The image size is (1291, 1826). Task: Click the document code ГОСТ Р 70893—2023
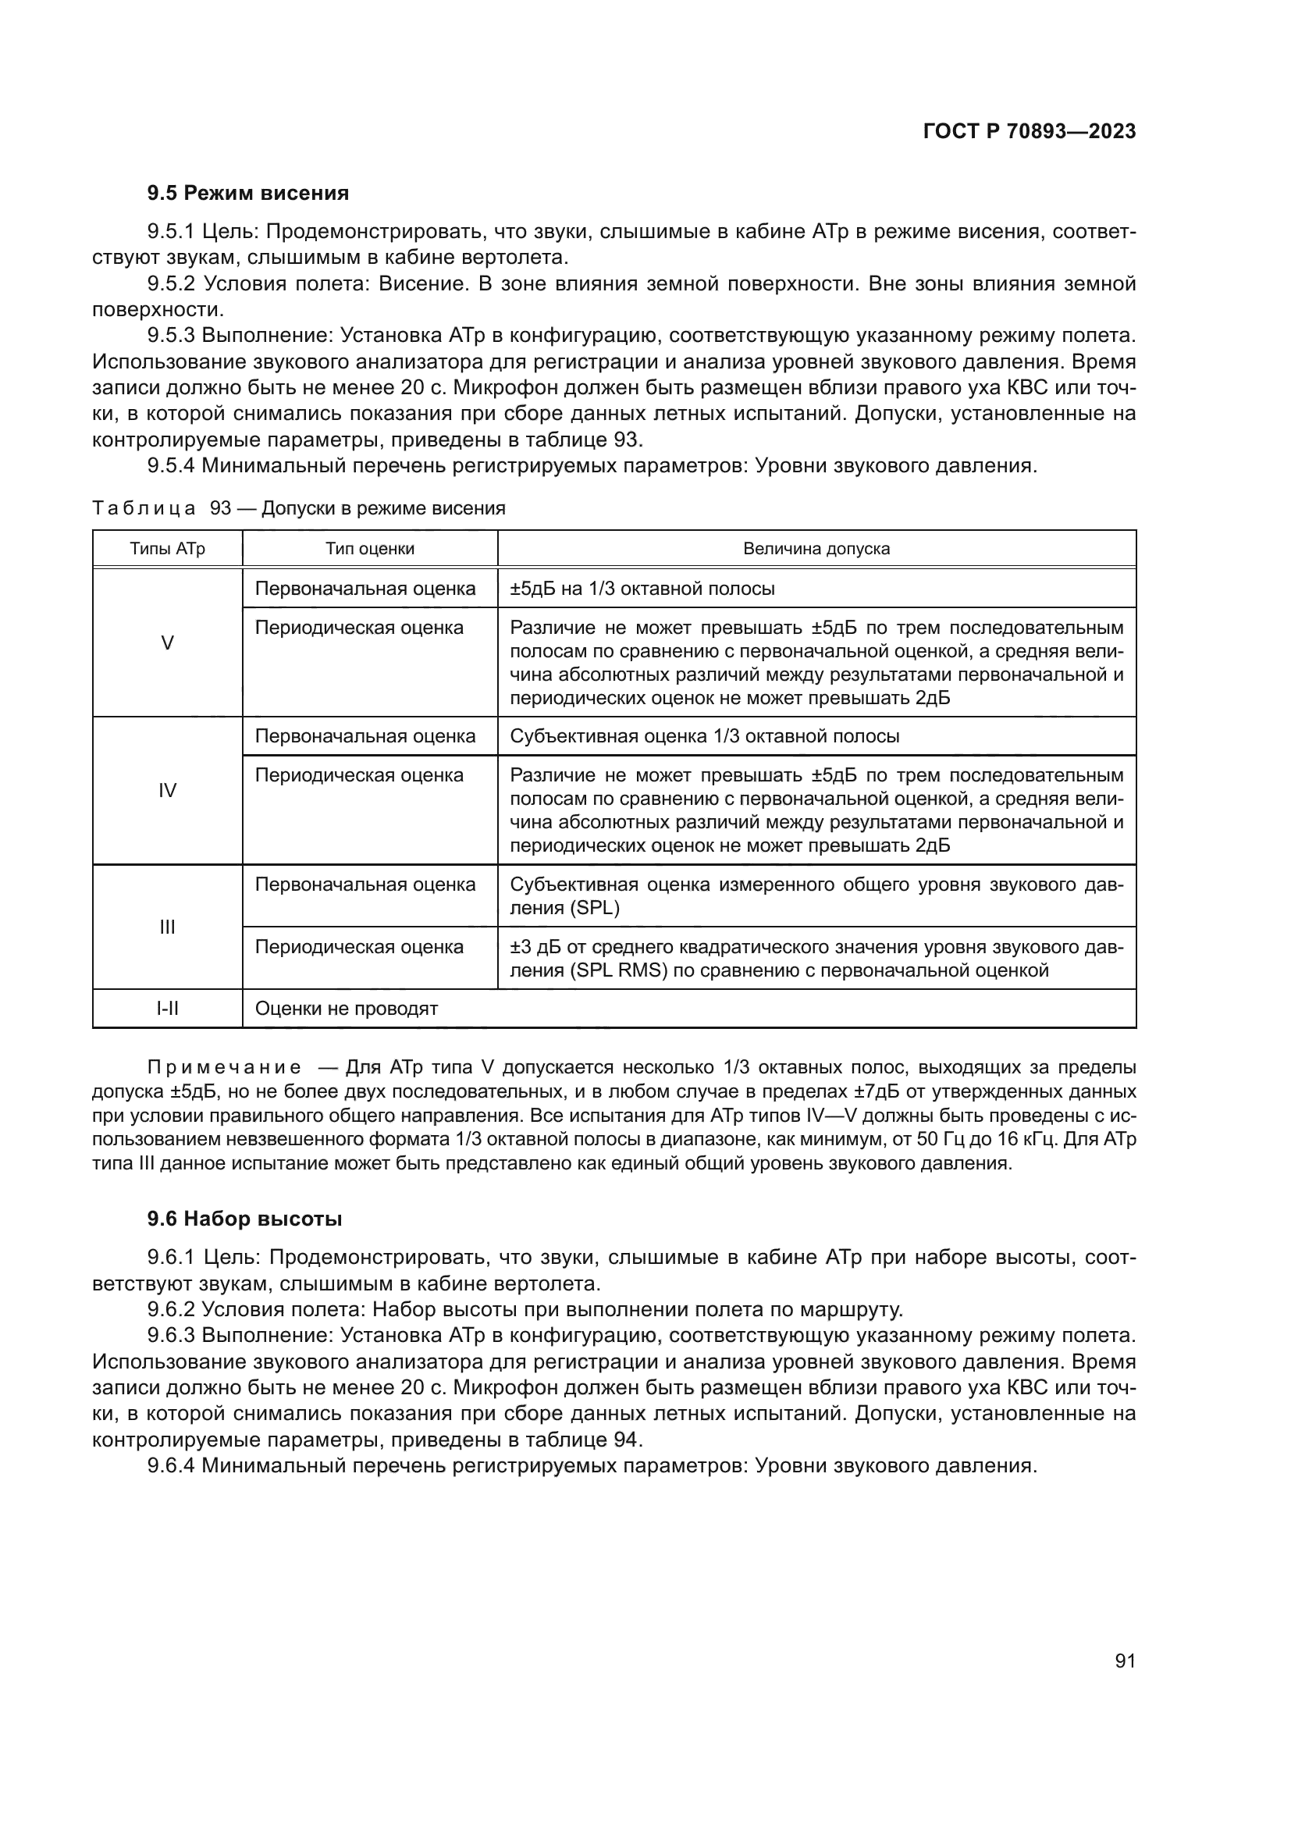click(1029, 132)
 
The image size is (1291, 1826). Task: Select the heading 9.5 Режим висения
click(247, 194)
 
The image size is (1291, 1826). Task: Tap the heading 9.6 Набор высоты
click(244, 1219)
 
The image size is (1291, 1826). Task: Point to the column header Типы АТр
click(167, 549)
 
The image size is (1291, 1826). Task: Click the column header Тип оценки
click(370, 549)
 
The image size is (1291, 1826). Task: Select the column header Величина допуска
click(816, 549)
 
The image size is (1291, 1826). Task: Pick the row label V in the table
click(167, 642)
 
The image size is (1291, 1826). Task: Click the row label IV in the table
click(167, 791)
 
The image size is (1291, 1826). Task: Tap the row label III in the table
click(167, 927)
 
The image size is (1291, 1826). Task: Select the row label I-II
click(167, 1009)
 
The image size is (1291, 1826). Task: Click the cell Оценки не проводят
click(347, 1009)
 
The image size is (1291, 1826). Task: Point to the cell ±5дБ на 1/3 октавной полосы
click(642, 589)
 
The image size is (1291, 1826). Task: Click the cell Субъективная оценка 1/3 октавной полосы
click(704, 735)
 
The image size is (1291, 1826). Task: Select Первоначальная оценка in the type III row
click(365, 885)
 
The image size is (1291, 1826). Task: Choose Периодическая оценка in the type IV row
click(358, 774)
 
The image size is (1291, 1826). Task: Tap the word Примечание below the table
click(224, 1067)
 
